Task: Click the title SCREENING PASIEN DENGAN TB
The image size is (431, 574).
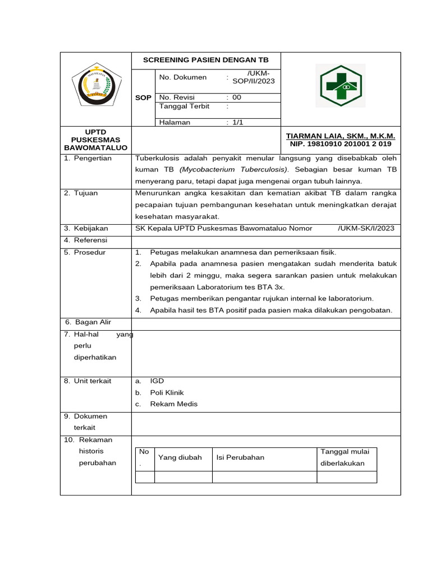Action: (x=205, y=60)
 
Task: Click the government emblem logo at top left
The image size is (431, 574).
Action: (x=96, y=86)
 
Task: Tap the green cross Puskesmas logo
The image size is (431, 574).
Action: (x=340, y=86)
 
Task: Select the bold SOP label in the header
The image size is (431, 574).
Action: (x=143, y=98)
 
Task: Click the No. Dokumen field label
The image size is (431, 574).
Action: (x=183, y=77)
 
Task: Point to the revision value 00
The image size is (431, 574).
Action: (x=237, y=98)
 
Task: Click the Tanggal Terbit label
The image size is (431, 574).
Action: (x=184, y=107)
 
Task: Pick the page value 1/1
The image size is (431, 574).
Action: (x=237, y=122)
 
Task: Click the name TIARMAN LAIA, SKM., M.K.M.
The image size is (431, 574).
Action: (x=340, y=136)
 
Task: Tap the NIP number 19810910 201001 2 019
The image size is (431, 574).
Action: (x=340, y=145)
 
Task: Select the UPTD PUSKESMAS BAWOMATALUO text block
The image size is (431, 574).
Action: (x=95, y=140)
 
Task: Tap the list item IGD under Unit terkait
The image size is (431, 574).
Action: (x=157, y=381)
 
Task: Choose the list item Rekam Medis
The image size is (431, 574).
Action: (x=173, y=404)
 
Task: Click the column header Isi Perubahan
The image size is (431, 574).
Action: (x=240, y=457)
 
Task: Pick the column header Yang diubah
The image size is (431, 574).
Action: (x=180, y=457)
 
